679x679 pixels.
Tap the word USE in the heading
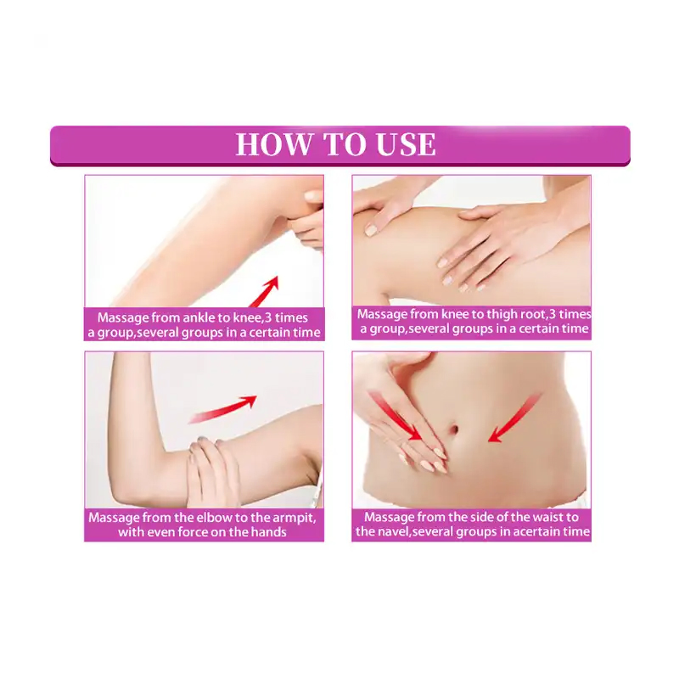(401, 144)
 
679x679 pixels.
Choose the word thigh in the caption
(486, 313)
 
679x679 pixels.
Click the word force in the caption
(202, 532)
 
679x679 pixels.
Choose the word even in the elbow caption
(166, 532)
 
